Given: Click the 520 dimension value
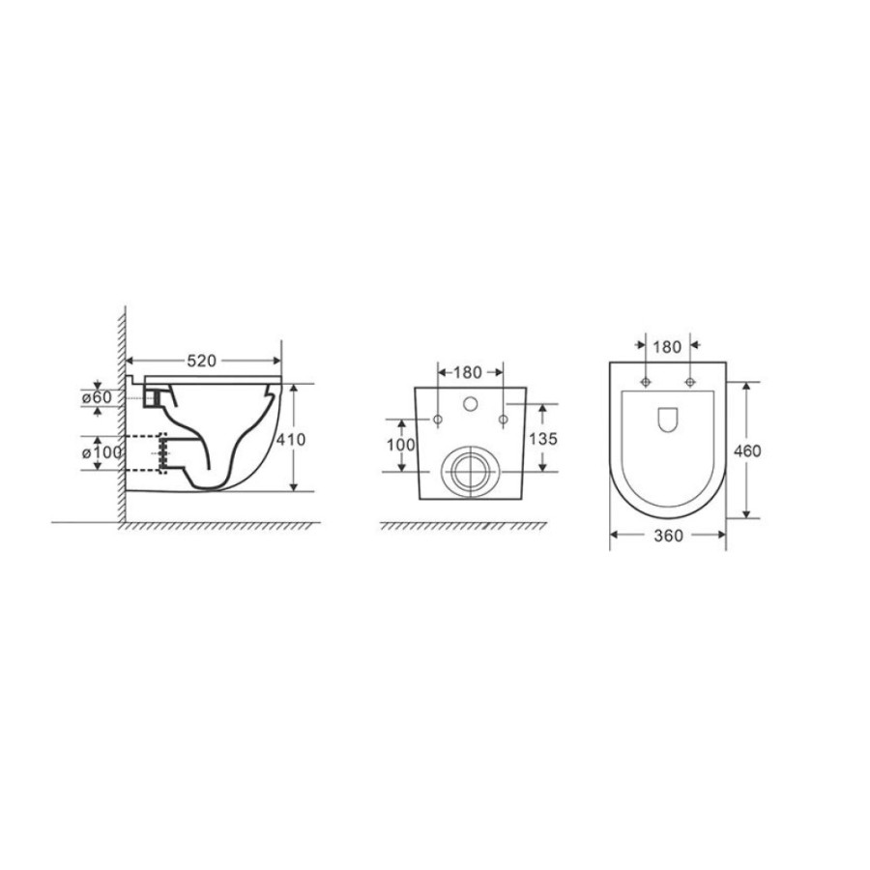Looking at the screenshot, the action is click(x=201, y=362).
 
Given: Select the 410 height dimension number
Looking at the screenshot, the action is click(x=291, y=440).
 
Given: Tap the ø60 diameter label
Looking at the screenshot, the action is click(x=97, y=397).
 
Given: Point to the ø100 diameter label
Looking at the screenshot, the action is click(x=101, y=452).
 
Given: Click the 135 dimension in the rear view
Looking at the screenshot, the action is click(x=542, y=439).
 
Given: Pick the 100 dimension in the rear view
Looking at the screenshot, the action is click(x=400, y=445).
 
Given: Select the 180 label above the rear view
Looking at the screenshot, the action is click(x=468, y=372).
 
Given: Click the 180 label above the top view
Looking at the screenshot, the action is click(x=667, y=347).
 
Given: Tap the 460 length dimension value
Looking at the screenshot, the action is click(x=747, y=451).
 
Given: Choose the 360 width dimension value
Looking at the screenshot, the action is click(x=668, y=536).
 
